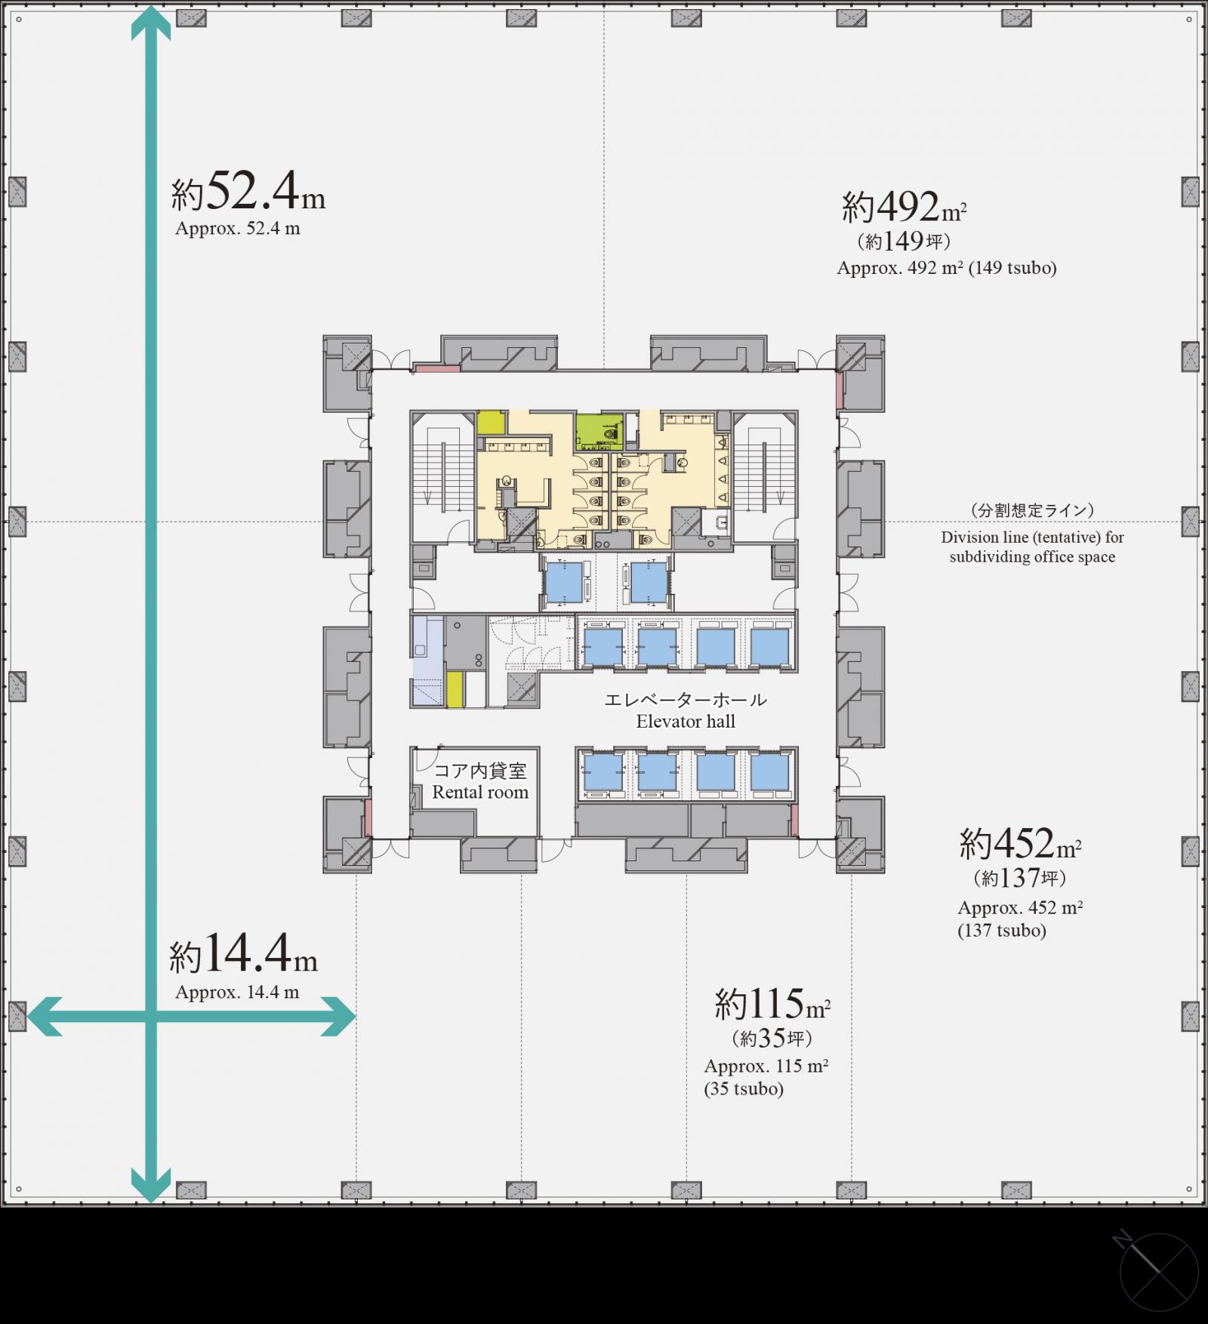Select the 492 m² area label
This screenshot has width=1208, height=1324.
click(904, 207)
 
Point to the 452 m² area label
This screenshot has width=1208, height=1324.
click(1021, 843)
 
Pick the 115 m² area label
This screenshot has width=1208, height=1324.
click(772, 1004)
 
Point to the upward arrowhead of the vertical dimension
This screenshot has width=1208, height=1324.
click(151, 21)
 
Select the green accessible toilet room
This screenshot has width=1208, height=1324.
click(599, 433)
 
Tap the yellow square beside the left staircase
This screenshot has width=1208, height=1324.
click(491, 423)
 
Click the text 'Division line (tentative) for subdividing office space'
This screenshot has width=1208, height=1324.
click(1032, 547)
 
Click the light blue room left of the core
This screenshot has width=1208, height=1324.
click(427, 661)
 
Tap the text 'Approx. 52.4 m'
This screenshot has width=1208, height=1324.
click(238, 229)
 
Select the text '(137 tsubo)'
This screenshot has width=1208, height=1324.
click(1002, 931)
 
